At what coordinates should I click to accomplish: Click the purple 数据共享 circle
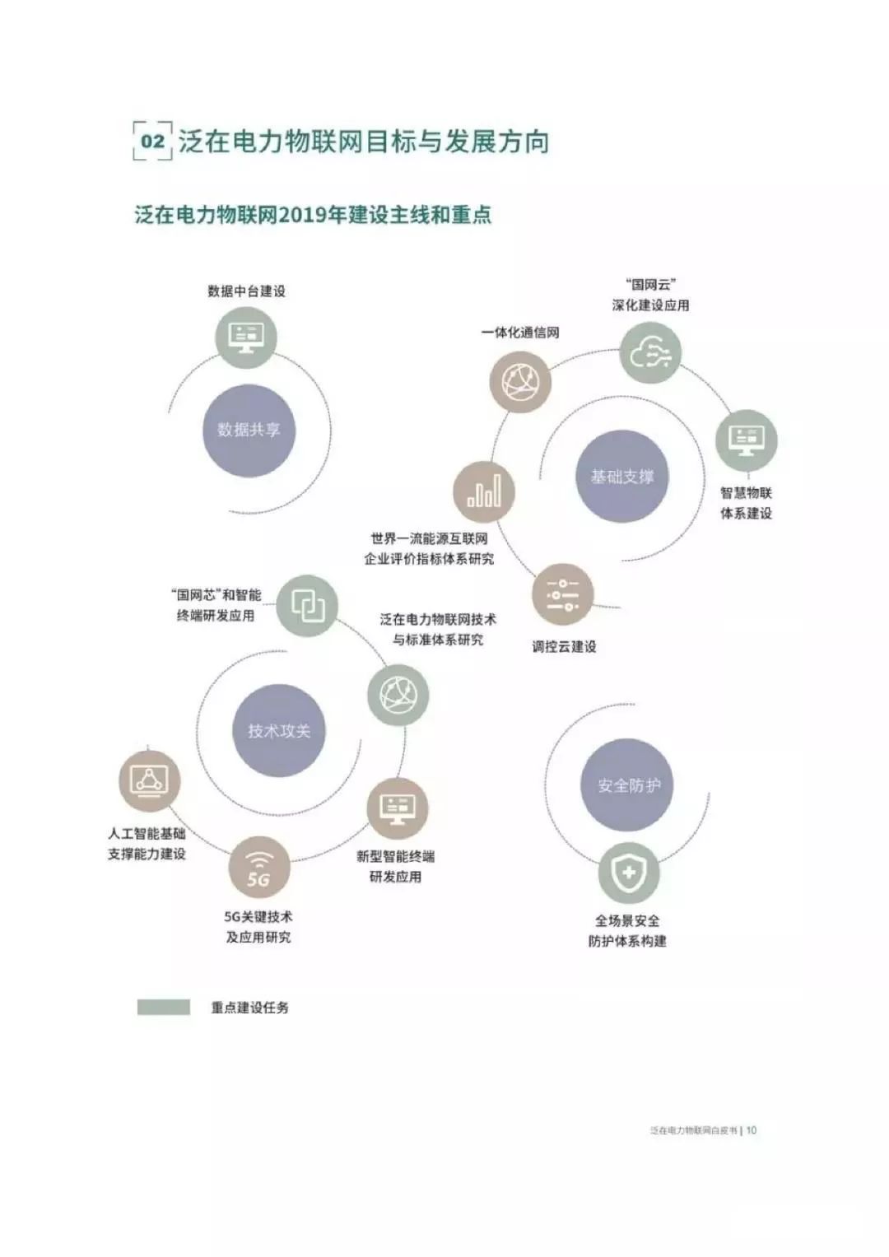click(249, 430)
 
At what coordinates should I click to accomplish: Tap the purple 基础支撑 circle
click(621, 477)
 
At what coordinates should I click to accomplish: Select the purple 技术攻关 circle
click(279, 730)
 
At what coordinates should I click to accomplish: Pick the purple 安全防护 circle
click(628, 785)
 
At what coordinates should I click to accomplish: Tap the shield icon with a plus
click(628, 873)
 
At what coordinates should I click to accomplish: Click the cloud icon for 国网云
click(650, 353)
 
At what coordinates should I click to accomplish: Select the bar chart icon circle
click(484, 492)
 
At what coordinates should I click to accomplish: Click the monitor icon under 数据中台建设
click(246, 336)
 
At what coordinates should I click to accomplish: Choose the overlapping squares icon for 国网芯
click(307, 607)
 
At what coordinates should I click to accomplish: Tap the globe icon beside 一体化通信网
click(519, 381)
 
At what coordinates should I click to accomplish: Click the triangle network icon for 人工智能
click(149, 780)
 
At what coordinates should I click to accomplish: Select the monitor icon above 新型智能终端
click(397, 808)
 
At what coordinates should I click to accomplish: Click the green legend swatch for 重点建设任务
click(164, 1008)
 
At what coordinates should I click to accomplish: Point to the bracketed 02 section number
click(152, 142)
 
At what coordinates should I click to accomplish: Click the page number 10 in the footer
click(751, 1130)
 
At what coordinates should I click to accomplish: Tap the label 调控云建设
click(564, 646)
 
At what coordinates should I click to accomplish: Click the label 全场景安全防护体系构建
click(627, 931)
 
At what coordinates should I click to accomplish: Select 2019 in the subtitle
click(305, 216)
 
